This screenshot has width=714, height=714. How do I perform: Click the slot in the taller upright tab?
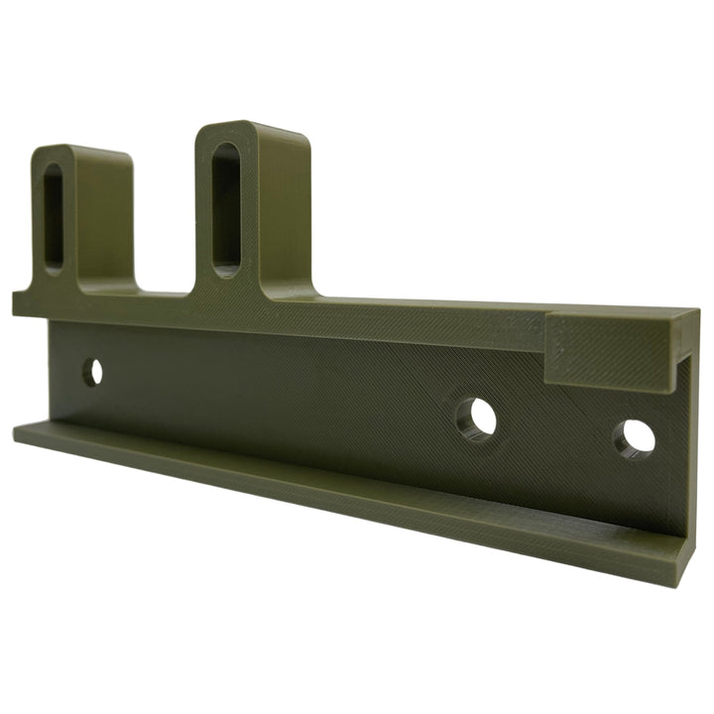226,206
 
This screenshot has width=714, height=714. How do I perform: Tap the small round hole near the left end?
92,373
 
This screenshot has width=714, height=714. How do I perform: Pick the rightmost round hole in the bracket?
636,438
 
